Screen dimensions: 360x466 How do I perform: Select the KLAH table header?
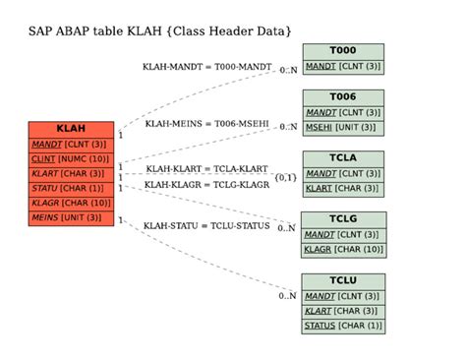click(x=71, y=129)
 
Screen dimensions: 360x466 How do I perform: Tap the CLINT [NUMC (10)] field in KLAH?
click(x=71, y=158)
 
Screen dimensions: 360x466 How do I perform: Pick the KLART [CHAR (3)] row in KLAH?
click(x=71, y=173)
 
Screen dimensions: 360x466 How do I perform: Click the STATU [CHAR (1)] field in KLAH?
click(x=71, y=188)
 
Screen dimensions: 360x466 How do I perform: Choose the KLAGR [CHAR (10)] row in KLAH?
click(x=71, y=203)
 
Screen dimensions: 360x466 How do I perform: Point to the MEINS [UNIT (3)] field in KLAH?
click(x=71, y=217)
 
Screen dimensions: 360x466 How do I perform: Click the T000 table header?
click(x=343, y=51)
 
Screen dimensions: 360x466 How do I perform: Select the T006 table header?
click(x=343, y=97)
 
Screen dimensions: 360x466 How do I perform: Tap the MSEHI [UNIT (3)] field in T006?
click(x=343, y=127)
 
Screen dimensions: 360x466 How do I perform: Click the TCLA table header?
click(x=343, y=158)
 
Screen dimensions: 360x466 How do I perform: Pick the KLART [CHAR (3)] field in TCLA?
click(x=343, y=188)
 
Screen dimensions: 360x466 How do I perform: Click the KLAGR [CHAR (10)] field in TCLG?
click(x=343, y=250)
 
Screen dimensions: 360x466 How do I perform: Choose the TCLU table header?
click(x=343, y=281)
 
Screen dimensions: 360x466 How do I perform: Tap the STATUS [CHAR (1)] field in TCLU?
click(x=343, y=326)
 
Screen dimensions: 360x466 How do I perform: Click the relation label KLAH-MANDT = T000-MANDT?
click(x=208, y=67)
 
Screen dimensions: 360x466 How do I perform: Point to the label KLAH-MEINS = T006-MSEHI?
click(x=207, y=124)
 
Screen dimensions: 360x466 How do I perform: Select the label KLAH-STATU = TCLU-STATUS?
click(x=206, y=225)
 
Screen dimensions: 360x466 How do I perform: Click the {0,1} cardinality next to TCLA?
click(x=285, y=177)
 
